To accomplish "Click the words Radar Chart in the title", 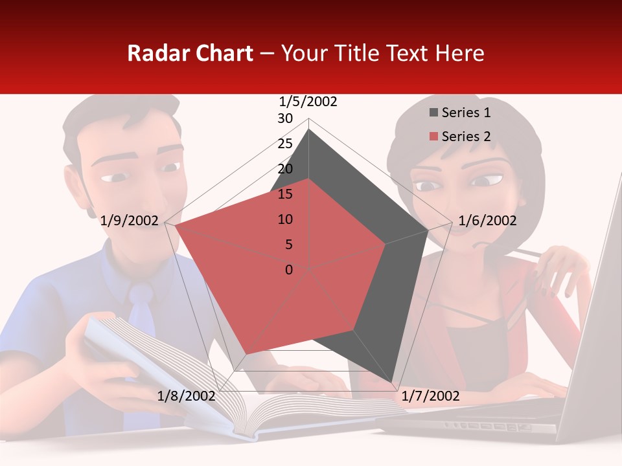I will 190,53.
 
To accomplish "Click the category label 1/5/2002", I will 308,102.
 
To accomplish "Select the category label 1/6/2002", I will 487,221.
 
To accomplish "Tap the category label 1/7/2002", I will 430,396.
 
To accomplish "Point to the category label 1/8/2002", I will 186,396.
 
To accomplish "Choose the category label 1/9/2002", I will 130,221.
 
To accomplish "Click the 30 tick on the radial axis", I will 285,118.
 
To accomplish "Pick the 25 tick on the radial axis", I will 285,144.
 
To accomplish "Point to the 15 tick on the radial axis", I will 285,194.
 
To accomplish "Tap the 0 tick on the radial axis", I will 289,270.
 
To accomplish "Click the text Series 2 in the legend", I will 466,137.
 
